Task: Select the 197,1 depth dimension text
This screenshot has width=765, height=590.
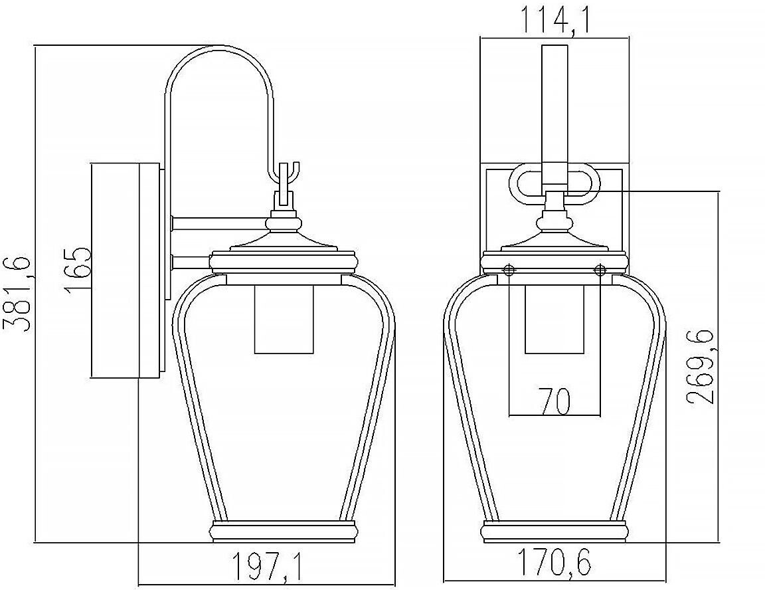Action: [267, 566]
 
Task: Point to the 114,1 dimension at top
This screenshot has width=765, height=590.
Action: [555, 19]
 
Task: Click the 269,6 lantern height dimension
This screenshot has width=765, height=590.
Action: [701, 366]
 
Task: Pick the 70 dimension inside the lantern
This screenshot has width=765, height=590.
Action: [554, 401]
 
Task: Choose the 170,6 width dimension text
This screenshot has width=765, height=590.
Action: [554, 562]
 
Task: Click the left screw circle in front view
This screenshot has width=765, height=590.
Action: [509, 269]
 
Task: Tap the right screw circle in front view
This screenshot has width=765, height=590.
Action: [600, 269]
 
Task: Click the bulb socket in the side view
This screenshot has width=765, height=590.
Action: [284, 319]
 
